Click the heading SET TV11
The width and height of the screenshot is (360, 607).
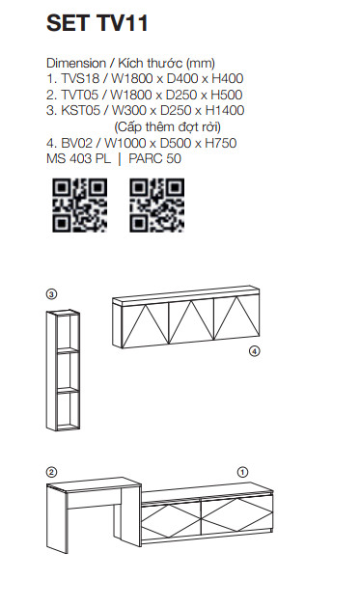click(x=97, y=23)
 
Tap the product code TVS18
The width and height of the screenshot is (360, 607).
click(x=80, y=78)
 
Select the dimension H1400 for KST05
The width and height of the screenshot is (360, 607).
click(x=225, y=110)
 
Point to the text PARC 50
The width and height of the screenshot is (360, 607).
click(x=154, y=158)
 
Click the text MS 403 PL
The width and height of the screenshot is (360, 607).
click(x=78, y=158)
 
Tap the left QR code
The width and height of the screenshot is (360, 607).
click(x=80, y=206)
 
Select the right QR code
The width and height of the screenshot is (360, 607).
click(x=156, y=206)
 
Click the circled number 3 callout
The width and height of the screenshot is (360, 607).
click(x=51, y=294)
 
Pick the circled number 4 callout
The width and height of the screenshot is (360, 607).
click(x=255, y=351)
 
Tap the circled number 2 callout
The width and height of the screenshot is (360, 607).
click(x=51, y=472)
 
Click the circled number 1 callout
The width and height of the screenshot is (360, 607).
click(x=242, y=472)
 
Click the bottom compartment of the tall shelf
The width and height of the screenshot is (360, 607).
click(x=69, y=410)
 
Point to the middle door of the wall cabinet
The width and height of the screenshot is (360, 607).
click(x=191, y=321)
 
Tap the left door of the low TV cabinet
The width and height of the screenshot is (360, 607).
click(x=171, y=520)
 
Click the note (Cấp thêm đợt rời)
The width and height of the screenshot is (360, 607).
click(x=168, y=126)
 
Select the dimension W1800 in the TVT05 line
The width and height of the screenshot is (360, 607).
click(x=131, y=95)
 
